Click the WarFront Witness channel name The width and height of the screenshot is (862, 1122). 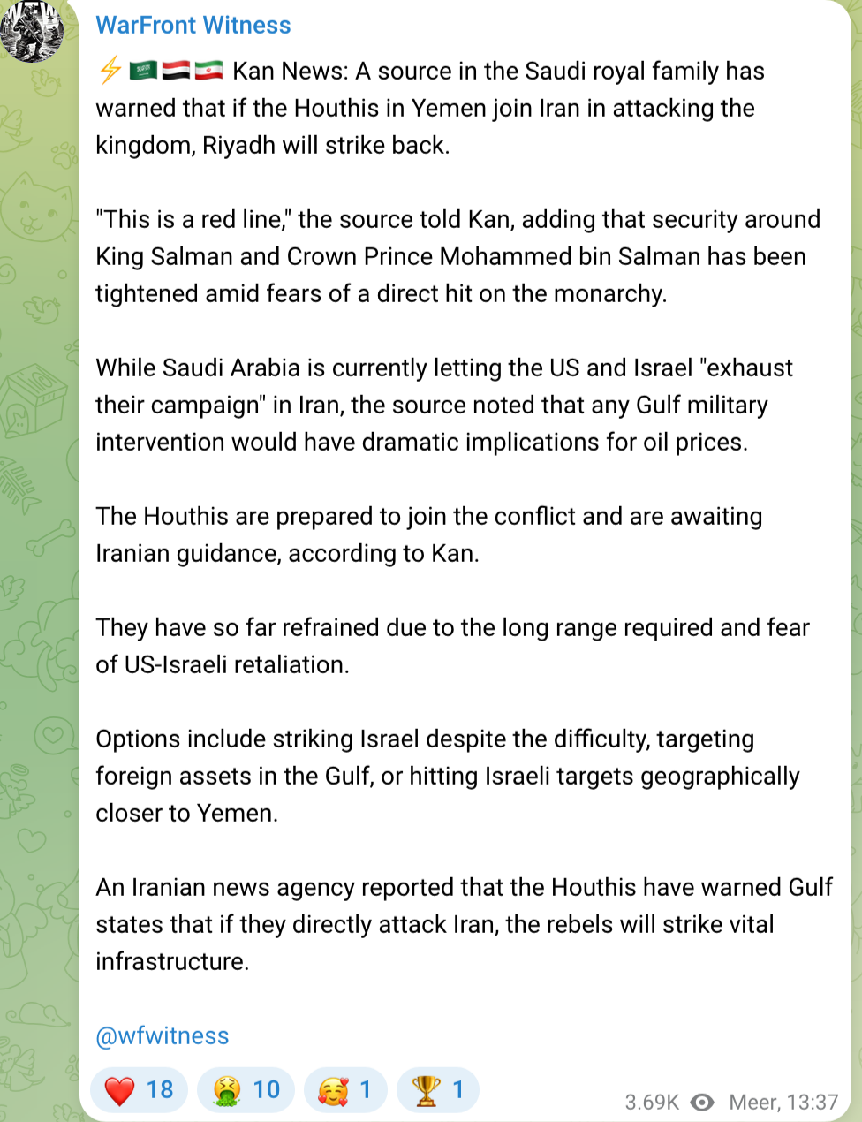coord(193,25)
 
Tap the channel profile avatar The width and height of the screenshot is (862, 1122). coord(33,29)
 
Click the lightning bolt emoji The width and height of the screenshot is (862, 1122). coord(110,71)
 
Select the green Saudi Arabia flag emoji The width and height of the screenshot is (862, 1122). coord(143,71)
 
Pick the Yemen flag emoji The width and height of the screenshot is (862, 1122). coord(176,71)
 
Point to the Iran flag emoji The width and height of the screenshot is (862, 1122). coord(208,71)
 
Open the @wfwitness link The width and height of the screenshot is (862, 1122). coord(163,1035)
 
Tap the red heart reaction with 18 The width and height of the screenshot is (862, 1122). coord(140,1090)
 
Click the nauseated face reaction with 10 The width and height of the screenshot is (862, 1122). coord(246,1090)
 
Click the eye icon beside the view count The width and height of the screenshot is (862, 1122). coord(702,1103)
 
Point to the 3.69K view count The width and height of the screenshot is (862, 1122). coord(652,1103)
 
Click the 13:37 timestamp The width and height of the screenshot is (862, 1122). coord(812,1103)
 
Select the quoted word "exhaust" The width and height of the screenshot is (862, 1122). coord(746,368)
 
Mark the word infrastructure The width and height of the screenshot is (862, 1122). coord(172,961)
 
